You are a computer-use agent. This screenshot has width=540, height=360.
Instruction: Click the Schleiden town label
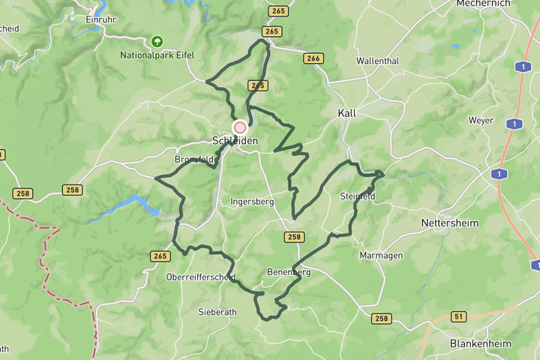235,141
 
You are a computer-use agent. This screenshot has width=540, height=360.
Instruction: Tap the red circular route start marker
240,127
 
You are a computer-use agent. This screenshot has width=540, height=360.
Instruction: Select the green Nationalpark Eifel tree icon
156,42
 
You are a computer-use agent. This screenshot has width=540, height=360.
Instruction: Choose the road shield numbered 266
313,58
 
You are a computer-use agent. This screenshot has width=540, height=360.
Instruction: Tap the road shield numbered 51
459,316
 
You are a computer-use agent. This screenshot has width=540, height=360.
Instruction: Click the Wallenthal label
378,61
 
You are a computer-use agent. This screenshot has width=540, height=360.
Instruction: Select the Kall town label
346,113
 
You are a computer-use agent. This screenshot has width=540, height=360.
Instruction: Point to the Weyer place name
481,120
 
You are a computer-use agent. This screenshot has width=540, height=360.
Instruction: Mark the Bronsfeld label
194,160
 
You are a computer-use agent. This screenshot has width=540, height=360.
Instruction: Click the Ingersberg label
252,202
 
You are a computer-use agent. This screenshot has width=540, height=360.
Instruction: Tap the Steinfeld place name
357,196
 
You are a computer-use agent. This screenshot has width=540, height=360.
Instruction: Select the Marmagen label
381,256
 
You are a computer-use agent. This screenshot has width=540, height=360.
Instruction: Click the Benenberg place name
289,272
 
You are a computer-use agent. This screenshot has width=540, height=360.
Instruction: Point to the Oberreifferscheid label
201,277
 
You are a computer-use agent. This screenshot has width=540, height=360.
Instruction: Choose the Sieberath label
217,311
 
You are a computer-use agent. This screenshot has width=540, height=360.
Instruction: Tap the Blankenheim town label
480,343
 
